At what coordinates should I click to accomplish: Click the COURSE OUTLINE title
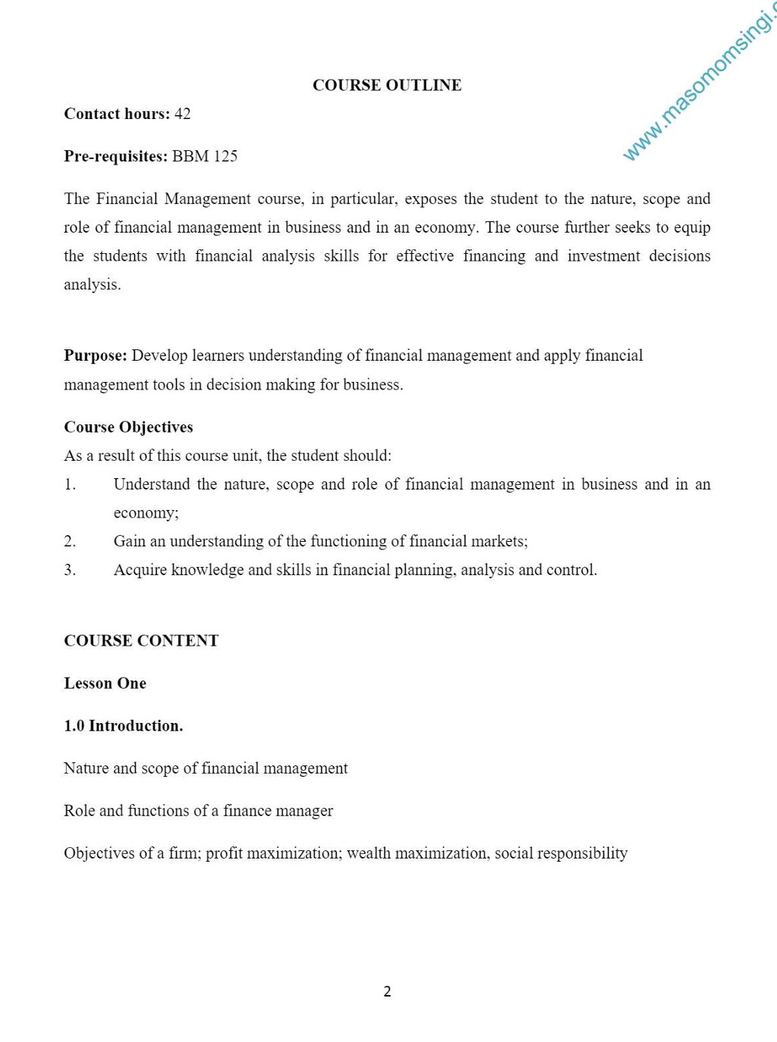click(x=387, y=85)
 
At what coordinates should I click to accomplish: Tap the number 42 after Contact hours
click(x=183, y=114)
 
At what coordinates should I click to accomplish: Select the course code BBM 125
click(x=205, y=156)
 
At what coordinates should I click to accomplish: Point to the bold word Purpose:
click(x=96, y=355)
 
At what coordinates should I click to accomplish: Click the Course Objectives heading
click(x=128, y=427)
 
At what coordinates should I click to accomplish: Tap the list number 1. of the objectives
click(x=70, y=484)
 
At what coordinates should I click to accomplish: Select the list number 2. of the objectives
click(x=70, y=541)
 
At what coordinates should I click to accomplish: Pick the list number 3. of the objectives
click(x=70, y=570)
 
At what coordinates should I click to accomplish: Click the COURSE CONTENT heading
click(x=141, y=640)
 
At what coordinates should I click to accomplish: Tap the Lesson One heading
click(x=105, y=683)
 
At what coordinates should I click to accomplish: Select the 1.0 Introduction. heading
click(x=124, y=725)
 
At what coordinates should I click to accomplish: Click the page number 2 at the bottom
click(x=387, y=991)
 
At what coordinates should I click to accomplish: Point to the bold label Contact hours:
click(x=117, y=114)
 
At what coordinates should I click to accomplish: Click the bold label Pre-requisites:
click(x=115, y=156)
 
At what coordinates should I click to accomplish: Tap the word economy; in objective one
click(x=146, y=513)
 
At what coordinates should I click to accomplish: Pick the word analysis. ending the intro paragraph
click(x=92, y=285)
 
